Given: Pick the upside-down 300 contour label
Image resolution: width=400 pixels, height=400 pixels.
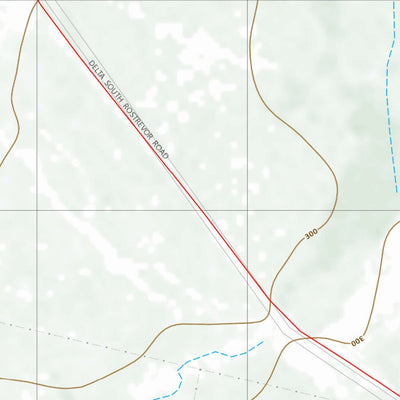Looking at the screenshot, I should (357, 342).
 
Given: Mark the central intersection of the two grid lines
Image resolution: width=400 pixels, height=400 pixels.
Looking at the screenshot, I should (247, 211).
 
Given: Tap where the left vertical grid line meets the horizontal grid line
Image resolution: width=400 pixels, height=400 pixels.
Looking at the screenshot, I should (38, 211).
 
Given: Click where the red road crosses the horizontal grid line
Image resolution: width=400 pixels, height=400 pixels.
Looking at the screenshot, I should (203, 211).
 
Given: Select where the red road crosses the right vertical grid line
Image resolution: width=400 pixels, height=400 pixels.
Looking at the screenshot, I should (247, 267).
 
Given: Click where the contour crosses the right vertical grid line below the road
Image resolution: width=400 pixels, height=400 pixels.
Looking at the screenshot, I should (247, 323).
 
